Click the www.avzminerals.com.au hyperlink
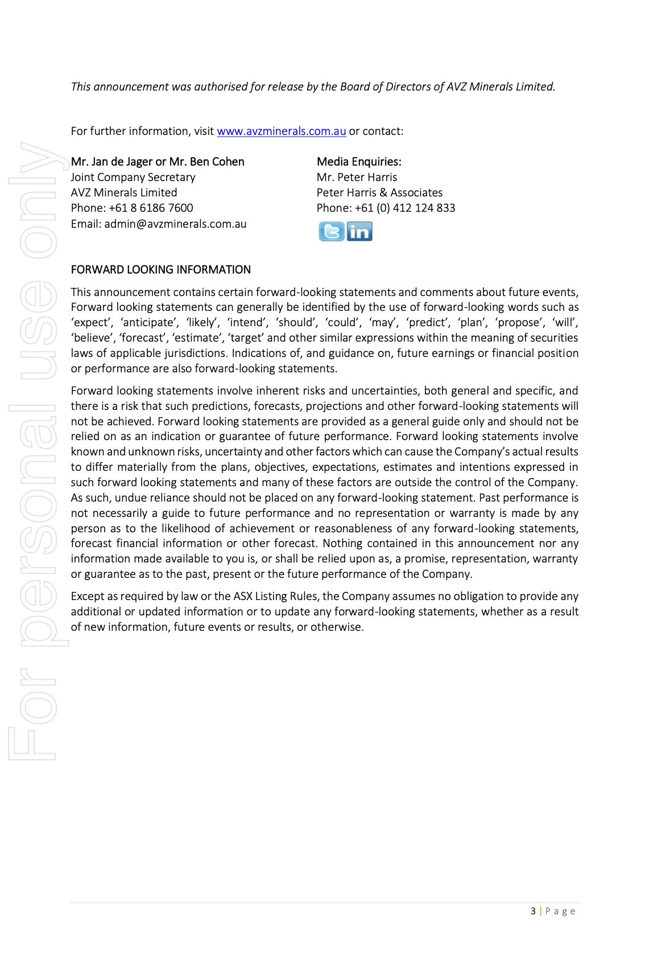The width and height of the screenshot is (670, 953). [x=281, y=132]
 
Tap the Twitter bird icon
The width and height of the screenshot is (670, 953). [x=332, y=232]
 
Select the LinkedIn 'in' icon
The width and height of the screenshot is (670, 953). [x=359, y=232]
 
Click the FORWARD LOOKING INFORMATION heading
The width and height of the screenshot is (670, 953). [x=160, y=270]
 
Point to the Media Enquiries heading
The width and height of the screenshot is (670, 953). [x=359, y=162]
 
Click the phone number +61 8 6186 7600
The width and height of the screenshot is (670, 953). [x=151, y=208]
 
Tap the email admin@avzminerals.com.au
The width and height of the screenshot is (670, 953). [x=175, y=224]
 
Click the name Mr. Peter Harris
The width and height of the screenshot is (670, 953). [x=357, y=178]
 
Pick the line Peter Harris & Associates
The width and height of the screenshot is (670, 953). [x=379, y=193]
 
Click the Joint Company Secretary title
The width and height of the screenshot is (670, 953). [x=133, y=178]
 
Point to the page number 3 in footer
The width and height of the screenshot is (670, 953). [x=533, y=911]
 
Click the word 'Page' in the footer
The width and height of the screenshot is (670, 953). [x=560, y=911]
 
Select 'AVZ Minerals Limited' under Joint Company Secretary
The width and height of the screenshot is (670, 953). [x=124, y=193]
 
